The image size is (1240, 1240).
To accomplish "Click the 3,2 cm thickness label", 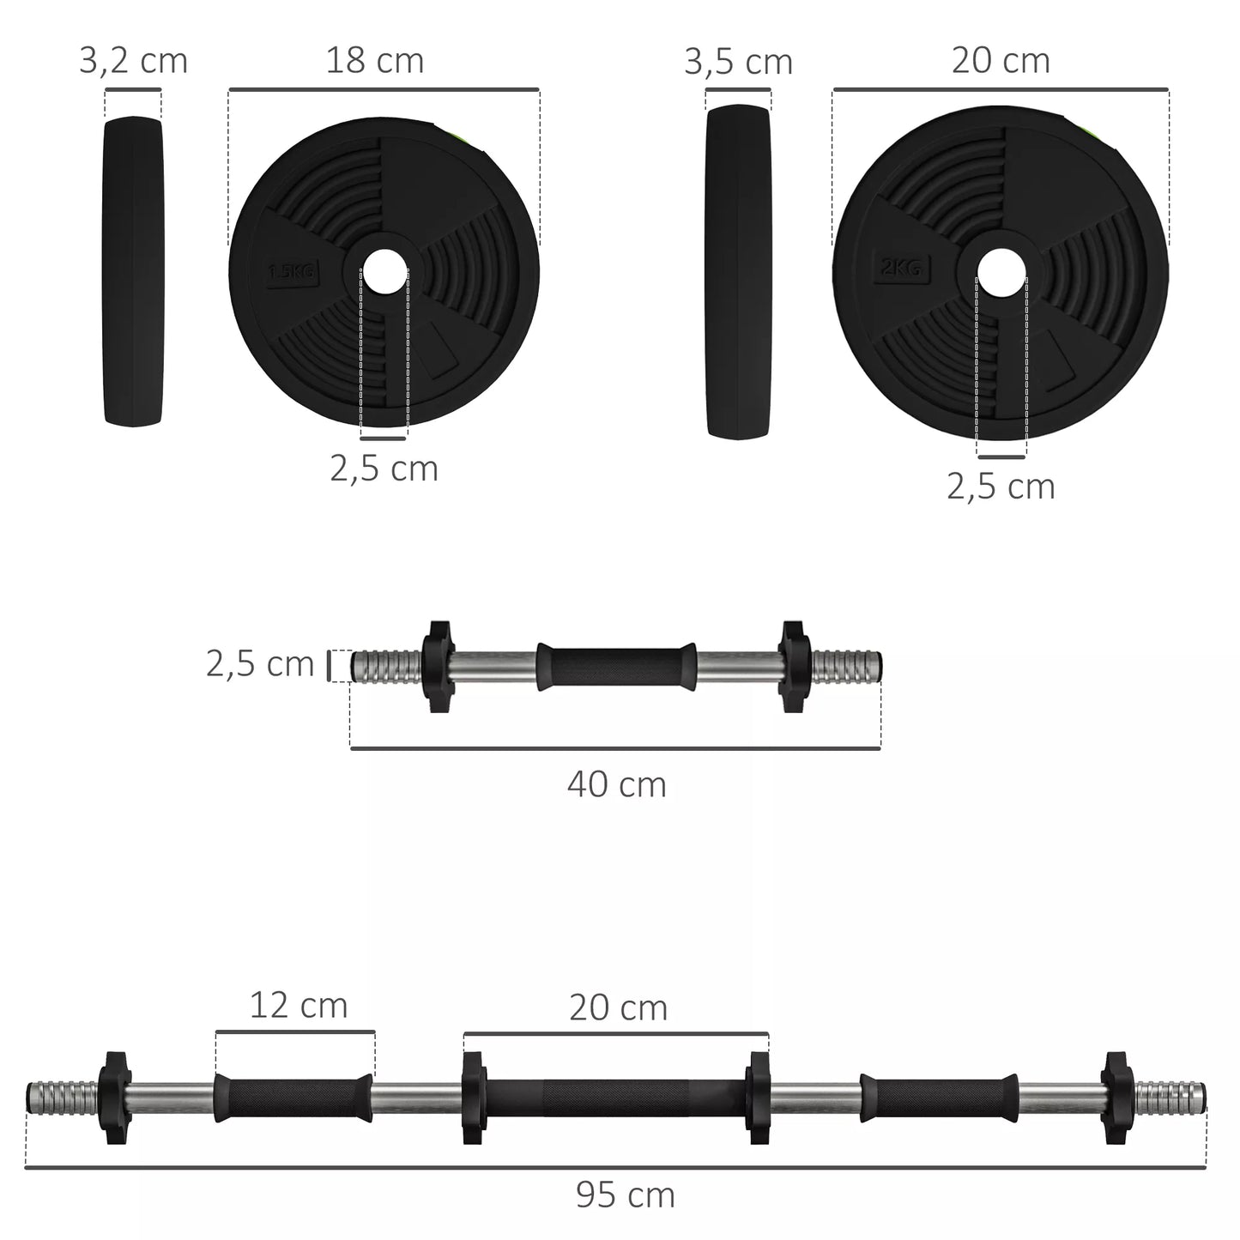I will [133, 62].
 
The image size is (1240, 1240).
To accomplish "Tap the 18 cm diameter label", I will [374, 62].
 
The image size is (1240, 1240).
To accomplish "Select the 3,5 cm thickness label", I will [738, 62].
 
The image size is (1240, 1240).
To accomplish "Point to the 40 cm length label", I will [616, 785].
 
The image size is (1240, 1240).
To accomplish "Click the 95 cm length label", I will [625, 1195].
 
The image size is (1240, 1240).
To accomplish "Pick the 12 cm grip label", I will [299, 1006].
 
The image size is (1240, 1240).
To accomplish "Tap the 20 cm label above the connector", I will [618, 1008].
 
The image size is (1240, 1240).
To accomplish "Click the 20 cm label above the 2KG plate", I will [1001, 62].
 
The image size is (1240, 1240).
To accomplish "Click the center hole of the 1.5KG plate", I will [384, 271].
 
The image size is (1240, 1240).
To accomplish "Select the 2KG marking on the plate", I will [900, 269].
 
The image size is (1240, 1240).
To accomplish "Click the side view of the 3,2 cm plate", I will [133, 270].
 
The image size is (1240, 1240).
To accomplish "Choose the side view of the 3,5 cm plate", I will [738, 270].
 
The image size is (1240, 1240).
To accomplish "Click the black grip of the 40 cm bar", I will [616, 666].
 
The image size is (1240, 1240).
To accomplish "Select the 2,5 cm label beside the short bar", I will [260, 664].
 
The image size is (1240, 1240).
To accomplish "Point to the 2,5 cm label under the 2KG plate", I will [1001, 487].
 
